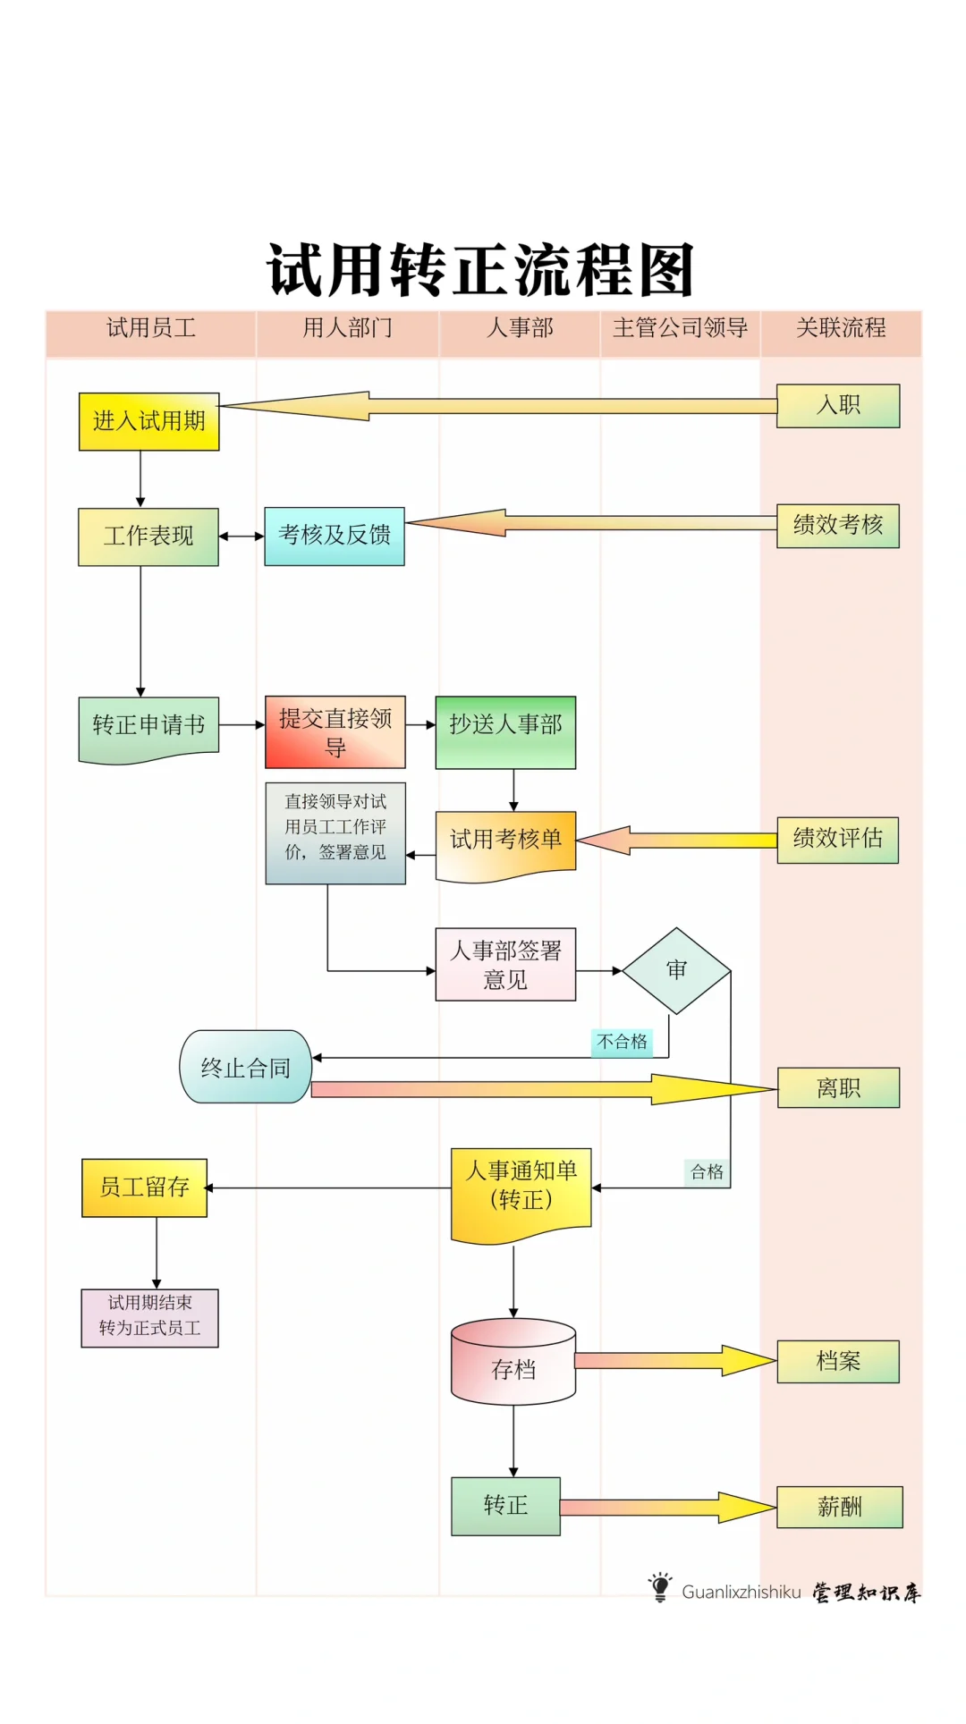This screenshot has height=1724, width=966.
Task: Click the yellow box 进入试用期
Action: tap(148, 421)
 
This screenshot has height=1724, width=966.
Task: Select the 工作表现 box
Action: tap(148, 537)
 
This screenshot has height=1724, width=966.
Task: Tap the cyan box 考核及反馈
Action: tap(334, 536)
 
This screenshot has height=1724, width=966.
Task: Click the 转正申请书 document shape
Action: tap(148, 727)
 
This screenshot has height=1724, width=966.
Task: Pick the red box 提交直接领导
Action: tap(335, 732)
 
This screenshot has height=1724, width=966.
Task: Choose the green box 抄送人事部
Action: tap(505, 731)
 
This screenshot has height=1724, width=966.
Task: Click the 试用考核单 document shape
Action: tap(505, 843)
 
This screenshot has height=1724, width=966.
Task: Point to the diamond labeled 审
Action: tap(676, 970)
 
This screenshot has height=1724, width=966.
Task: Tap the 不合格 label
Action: tap(622, 1042)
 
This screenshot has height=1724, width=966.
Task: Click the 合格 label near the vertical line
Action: tap(707, 1171)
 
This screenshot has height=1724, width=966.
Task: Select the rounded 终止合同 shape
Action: tap(245, 1067)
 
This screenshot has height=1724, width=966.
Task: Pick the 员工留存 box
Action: tap(144, 1187)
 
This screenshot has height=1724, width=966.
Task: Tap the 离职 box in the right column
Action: tap(838, 1087)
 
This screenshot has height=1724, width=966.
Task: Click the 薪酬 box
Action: tap(839, 1507)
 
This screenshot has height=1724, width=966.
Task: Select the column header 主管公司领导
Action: tap(680, 328)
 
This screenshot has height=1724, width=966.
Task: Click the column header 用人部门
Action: tap(347, 328)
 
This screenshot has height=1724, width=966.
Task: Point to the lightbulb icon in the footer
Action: tap(660, 1587)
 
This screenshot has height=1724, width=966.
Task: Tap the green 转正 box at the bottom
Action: tap(505, 1506)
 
